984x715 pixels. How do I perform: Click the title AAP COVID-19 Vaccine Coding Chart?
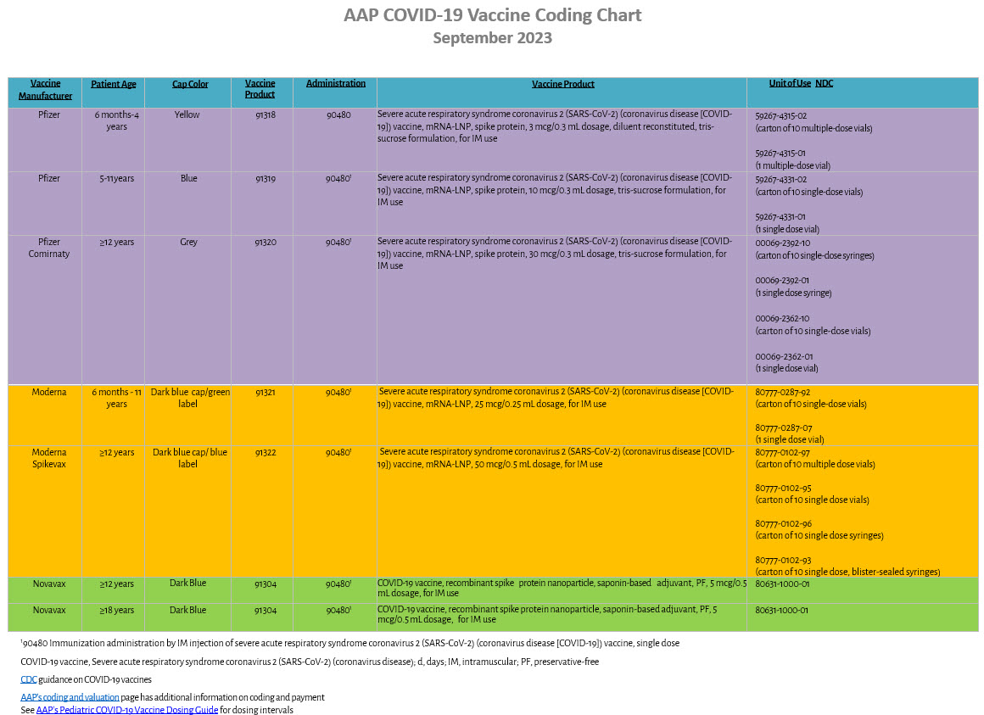point(492,15)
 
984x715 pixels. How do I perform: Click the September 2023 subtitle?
point(492,38)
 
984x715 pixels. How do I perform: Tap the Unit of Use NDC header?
point(801,83)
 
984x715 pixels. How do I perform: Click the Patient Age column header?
point(114,84)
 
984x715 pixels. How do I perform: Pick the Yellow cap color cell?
point(187,115)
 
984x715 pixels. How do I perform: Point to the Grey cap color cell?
point(188,242)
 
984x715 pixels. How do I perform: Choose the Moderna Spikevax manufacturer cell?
point(50,458)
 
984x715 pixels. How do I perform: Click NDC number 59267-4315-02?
point(781,115)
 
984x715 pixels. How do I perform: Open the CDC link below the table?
point(29,679)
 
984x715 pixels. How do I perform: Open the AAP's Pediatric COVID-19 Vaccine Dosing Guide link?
point(127,710)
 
